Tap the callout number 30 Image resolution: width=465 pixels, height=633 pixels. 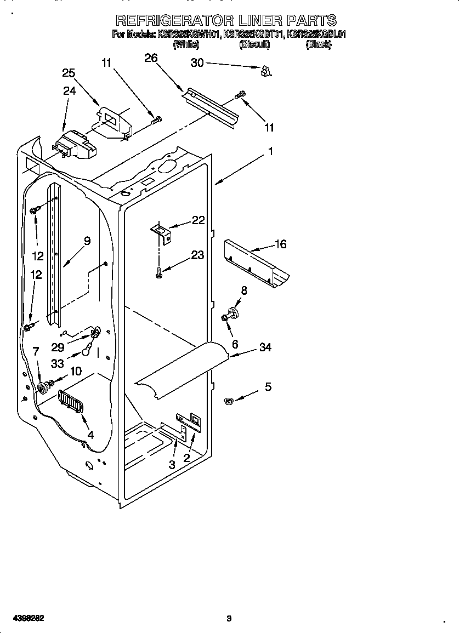pos(197,63)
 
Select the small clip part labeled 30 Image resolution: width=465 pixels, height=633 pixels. pos(266,71)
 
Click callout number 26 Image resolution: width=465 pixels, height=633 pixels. pos(151,58)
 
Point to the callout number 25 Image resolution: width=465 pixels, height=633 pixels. pos(69,73)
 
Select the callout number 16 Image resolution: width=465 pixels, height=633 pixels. pos(280,244)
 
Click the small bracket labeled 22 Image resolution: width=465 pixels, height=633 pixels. pos(161,231)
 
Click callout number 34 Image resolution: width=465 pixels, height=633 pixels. pos(265,347)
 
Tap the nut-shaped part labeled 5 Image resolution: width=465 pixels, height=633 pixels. pos(229,402)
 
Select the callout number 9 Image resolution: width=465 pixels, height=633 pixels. pos(87,240)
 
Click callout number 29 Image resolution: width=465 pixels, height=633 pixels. pos(58,347)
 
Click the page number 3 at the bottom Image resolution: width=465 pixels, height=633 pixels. pos(229,619)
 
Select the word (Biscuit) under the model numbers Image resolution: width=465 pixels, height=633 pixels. pos(254,45)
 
